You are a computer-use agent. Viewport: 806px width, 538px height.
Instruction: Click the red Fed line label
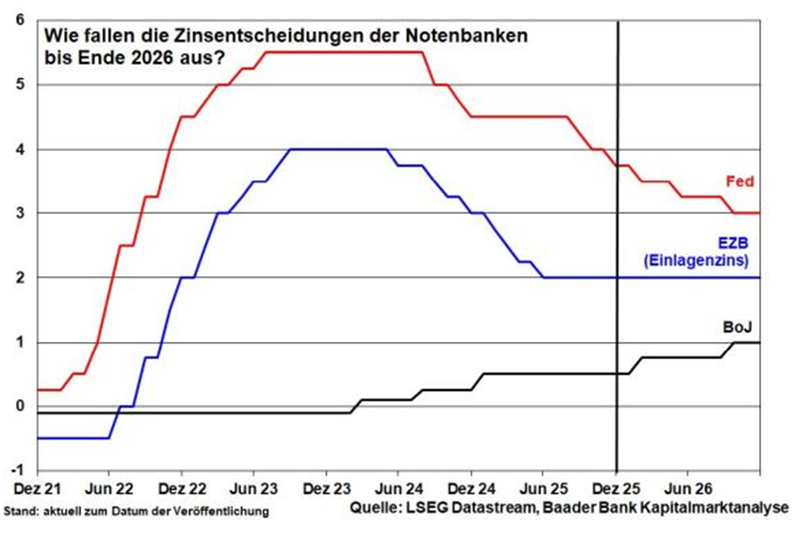739,181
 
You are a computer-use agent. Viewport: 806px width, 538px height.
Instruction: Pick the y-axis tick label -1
17,470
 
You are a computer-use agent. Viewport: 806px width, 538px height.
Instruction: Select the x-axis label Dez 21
37,486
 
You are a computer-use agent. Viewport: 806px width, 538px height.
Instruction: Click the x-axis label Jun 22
109,486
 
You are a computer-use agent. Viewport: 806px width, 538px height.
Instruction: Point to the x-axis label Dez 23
326,486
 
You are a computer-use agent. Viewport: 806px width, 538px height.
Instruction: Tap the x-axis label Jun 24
399,486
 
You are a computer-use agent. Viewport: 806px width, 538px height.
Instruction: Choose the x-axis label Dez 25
616,486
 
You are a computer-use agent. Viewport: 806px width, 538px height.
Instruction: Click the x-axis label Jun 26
689,486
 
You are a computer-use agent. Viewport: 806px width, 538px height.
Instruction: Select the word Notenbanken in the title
474,38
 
